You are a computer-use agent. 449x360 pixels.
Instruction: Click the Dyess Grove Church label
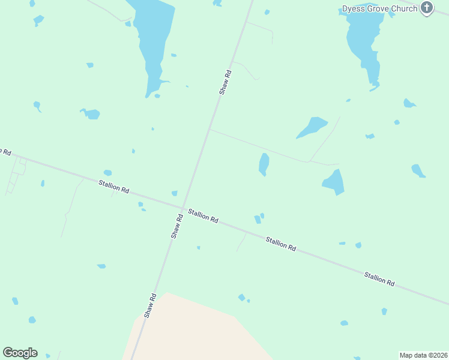tap(379, 8)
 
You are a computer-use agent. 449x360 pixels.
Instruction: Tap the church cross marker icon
tap(427, 8)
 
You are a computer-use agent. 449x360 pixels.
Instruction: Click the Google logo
tap(20, 352)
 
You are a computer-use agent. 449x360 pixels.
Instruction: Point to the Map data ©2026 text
tap(423, 355)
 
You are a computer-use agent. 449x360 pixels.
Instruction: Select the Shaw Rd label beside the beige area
tap(150, 305)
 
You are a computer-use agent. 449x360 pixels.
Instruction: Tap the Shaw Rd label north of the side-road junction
tap(225, 82)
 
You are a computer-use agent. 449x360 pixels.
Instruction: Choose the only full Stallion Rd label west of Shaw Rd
tap(114, 185)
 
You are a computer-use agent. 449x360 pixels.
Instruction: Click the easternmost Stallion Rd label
tap(379, 278)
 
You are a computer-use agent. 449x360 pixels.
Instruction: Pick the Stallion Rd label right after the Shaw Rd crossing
tap(202, 216)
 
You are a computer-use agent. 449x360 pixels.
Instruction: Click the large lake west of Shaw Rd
tap(151, 42)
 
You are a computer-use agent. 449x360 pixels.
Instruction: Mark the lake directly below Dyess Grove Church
tap(364, 42)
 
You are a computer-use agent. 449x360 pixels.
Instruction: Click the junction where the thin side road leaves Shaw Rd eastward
tap(209, 129)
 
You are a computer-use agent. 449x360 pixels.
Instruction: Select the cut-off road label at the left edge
tap(5, 151)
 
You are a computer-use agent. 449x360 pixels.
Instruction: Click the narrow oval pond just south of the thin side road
tap(264, 164)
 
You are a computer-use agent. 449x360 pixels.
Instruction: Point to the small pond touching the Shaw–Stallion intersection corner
tap(175, 193)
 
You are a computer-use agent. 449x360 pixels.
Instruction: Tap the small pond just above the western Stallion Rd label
tap(107, 173)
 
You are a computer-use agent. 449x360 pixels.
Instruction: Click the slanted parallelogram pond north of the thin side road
tap(312, 127)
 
